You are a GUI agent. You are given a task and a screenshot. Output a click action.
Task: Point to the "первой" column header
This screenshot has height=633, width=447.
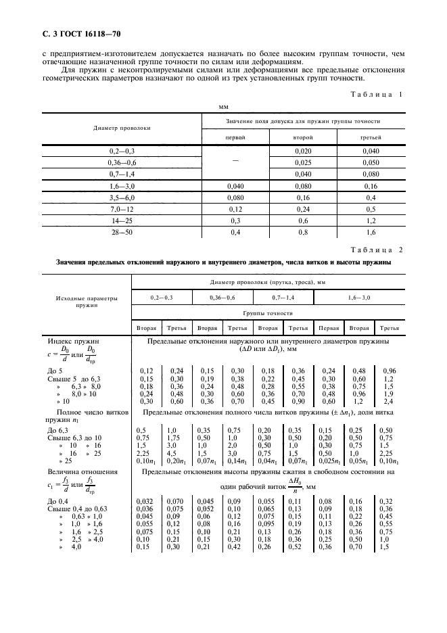click(x=235, y=137)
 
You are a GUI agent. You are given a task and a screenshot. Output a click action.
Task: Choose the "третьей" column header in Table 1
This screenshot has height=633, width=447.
click(x=369, y=137)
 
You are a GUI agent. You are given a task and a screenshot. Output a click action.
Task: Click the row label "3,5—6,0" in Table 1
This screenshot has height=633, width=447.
click(x=122, y=198)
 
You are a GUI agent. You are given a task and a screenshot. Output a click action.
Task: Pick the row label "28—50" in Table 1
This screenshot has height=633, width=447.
click(x=122, y=233)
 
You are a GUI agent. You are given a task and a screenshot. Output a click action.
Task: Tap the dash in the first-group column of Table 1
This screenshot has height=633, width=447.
click(x=235, y=163)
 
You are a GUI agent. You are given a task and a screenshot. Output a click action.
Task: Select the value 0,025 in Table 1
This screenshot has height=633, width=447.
click(x=302, y=163)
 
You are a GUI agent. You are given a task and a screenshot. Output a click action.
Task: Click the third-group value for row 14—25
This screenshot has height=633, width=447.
click(x=369, y=221)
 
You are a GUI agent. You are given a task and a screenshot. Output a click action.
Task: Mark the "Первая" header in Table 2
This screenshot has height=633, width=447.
click(x=329, y=328)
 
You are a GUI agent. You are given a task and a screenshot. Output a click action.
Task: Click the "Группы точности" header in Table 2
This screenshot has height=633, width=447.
click(x=269, y=314)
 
